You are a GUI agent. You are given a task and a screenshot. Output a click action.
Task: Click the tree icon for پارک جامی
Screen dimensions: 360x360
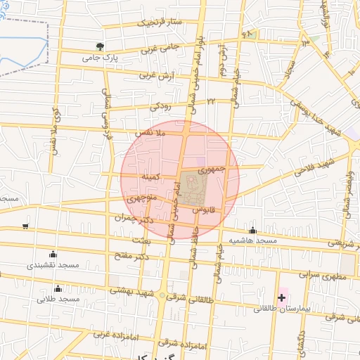tap(100, 47)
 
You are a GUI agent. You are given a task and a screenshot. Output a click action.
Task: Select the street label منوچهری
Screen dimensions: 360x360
tap(144, 197)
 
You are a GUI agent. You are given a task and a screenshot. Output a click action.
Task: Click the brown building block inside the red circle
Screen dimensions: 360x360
tap(193, 188)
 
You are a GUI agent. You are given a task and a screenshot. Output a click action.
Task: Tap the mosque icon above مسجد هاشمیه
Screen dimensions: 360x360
tap(252, 230)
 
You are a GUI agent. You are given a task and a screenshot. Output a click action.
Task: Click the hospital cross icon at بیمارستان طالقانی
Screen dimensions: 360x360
tap(282, 298)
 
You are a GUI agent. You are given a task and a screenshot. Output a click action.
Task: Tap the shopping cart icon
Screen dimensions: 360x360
tap(25, 226)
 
